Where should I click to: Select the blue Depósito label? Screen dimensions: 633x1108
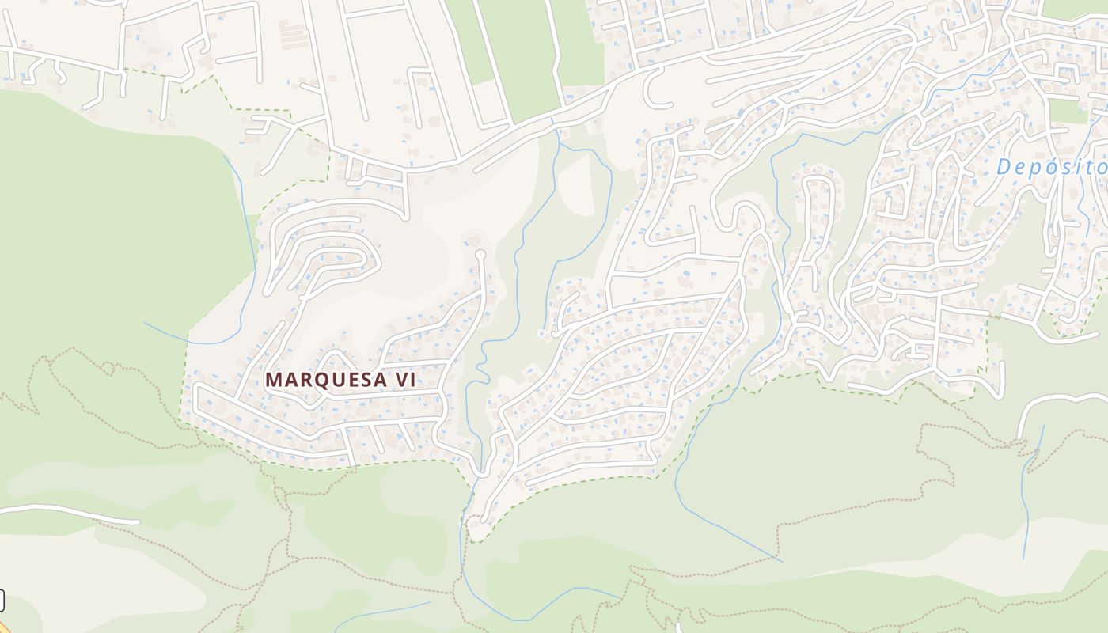pos(1051,167)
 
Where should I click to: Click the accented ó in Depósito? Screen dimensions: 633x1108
pos(1049,167)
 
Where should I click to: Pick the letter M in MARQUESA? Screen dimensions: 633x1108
pos(273,380)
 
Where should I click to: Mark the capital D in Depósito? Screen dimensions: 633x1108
pos(1004,167)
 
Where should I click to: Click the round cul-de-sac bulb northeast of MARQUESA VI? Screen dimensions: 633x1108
pos(480,255)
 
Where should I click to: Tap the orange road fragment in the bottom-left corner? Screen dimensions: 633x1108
pos(4,627)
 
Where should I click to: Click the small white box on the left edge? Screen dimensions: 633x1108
pos(2,601)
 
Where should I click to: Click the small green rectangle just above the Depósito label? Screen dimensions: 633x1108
pos(1068,111)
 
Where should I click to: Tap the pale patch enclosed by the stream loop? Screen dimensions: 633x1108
pos(576,186)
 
